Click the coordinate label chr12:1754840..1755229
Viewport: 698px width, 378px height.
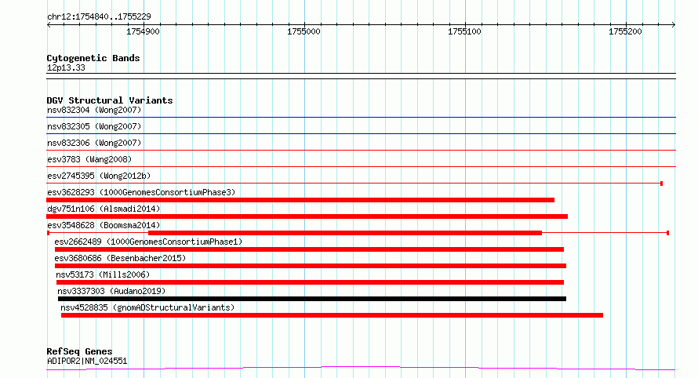tap(99, 17)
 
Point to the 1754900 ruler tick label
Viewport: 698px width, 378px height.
tap(143, 31)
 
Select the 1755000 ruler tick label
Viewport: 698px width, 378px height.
tap(304, 31)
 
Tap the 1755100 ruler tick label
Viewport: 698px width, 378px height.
tap(464, 31)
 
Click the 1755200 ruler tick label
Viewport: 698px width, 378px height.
tap(625, 31)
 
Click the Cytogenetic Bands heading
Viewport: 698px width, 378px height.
tap(93, 58)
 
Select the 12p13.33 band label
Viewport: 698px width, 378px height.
tap(66, 67)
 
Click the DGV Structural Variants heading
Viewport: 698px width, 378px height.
tap(110, 100)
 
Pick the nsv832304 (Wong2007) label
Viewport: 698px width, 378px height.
tap(94, 110)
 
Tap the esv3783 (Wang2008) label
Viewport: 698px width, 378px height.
tap(89, 159)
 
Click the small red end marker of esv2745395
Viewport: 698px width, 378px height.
tap(661, 184)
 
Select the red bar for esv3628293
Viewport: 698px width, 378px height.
tap(300, 200)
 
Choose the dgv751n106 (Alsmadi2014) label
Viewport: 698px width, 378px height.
tap(104, 209)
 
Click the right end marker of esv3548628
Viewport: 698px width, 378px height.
tap(667, 233)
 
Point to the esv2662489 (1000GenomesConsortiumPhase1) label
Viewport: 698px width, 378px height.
tap(148, 242)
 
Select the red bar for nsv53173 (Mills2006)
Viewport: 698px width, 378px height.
tap(311, 282)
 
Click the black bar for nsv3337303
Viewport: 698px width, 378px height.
tap(312, 299)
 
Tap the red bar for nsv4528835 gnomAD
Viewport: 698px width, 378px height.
tap(332, 315)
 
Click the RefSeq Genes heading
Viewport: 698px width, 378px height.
tap(79, 352)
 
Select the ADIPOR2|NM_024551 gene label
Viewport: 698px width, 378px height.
tap(87, 361)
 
